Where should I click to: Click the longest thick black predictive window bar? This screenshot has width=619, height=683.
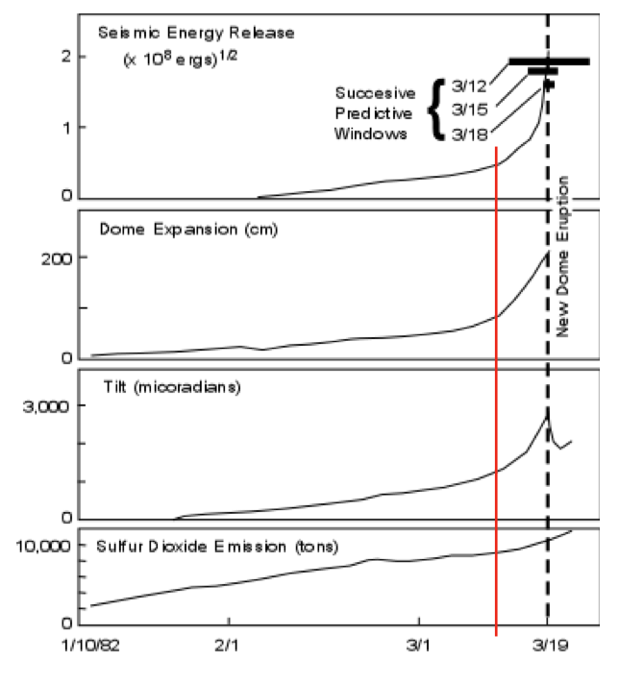pos(549,61)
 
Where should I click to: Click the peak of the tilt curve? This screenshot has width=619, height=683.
pos(547,414)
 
